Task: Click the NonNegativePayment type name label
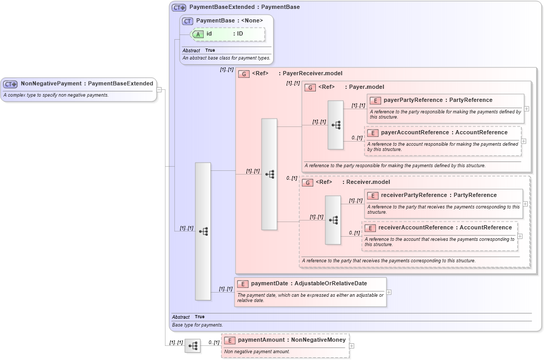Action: (x=51, y=84)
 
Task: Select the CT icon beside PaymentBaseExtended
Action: (x=179, y=8)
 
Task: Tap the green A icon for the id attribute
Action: (x=198, y=34)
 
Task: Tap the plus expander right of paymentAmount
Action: (x=351, y=345)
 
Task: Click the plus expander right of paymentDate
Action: (x=389, y=292)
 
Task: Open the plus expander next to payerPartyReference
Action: (x=526, y=109)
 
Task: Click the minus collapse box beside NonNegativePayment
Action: (x=159, y=90)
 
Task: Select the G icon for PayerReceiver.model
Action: (x=243, y=74)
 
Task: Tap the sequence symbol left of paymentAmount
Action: (x=193, y=346)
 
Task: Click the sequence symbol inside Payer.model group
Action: (x=336, y=125)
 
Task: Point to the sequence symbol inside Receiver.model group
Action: (x=333, y=220)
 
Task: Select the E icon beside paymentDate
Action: (x=242, y=284)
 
